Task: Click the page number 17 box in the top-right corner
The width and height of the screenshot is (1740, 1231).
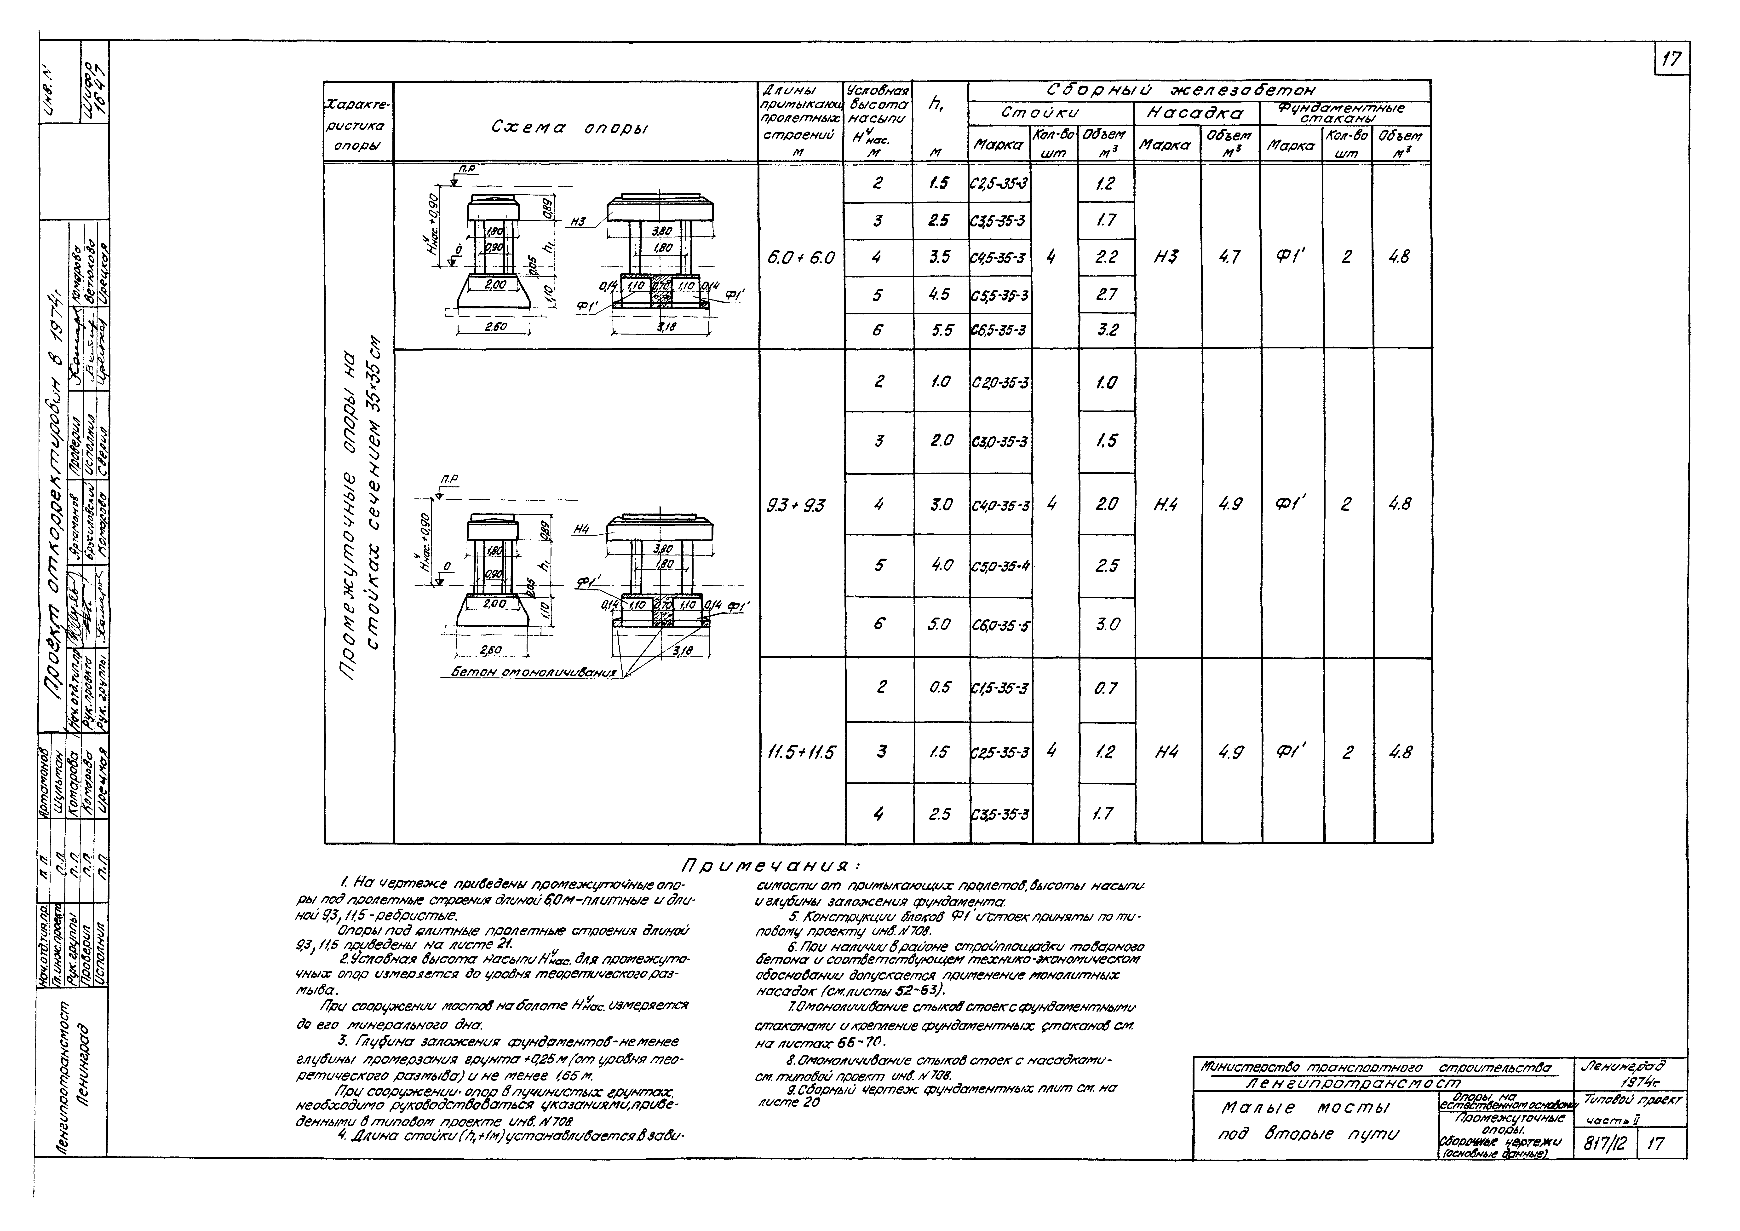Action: (1671, 59)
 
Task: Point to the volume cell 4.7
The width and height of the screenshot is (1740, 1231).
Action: (1229, 257)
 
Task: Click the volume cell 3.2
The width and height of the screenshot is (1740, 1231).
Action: (1106, 330)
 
